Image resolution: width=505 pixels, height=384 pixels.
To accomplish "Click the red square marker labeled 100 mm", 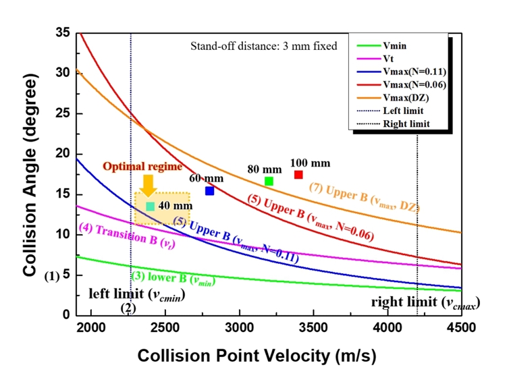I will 298,175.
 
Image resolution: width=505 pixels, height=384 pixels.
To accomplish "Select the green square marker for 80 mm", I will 269,181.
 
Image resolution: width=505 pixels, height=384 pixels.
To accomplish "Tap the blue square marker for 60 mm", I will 210,191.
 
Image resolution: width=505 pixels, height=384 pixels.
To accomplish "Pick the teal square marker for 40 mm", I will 150,206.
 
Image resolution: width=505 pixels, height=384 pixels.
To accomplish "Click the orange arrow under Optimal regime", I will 149,184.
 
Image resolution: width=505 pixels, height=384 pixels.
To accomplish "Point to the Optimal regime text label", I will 133,166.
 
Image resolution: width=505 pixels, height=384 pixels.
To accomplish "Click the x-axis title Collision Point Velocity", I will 256,355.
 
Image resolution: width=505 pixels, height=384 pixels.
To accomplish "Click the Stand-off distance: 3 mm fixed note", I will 263,47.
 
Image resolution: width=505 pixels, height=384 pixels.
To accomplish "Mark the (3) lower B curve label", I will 165,277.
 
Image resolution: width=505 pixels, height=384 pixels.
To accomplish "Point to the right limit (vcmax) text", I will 424,302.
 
